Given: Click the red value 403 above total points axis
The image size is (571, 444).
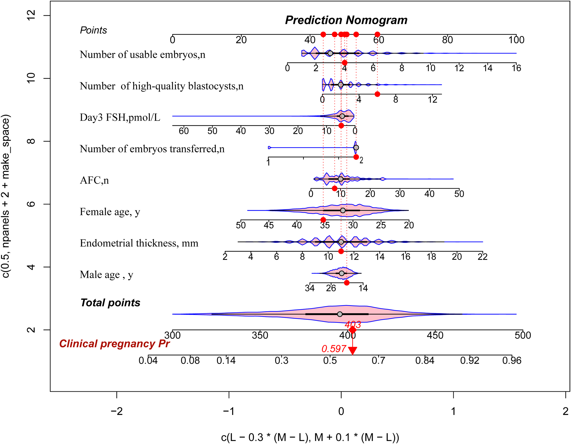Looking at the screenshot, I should tap(353, 325).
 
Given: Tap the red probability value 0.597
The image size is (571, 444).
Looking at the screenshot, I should tap(334, 349).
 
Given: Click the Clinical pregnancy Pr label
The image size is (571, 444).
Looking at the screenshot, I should tap(114, 344).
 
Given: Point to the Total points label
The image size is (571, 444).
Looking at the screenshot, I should tap(110, 303).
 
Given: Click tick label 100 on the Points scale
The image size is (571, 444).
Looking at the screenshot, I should tap(516, 40).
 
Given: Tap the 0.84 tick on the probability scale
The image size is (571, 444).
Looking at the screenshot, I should tap(425, 361).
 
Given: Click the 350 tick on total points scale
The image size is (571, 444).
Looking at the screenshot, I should tap(260, 335).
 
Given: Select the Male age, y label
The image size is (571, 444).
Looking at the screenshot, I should tap(106, 275).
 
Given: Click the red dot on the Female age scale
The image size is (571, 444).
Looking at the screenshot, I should tap(323, 220).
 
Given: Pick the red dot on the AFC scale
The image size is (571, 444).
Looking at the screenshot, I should tap(334, 188).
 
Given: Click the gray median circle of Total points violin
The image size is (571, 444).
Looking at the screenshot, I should tap(340, 314).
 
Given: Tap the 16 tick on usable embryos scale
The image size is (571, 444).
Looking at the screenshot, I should tap(516, 68).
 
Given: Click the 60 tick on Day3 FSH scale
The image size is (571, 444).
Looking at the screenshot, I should tap(184, 131).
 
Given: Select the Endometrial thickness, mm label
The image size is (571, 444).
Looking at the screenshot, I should tap(139, 243).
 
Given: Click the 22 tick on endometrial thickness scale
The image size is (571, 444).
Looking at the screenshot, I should tap(482, 257).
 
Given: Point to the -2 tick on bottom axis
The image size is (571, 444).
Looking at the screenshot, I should tap(117, 412).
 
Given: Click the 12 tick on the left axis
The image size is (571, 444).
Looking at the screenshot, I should tap(31, 16).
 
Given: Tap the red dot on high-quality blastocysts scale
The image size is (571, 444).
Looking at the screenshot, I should tap(377, 94).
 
